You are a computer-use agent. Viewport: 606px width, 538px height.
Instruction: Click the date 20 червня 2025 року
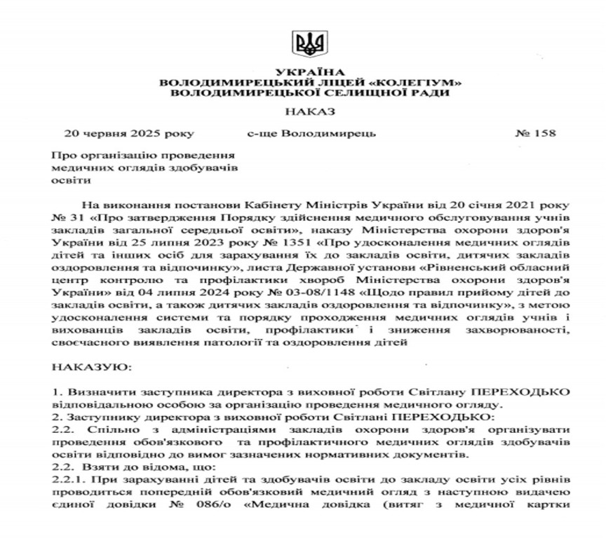128,132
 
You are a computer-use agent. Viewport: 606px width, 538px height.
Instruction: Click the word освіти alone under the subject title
67,181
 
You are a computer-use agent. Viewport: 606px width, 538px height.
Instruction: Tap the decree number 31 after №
74,217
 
